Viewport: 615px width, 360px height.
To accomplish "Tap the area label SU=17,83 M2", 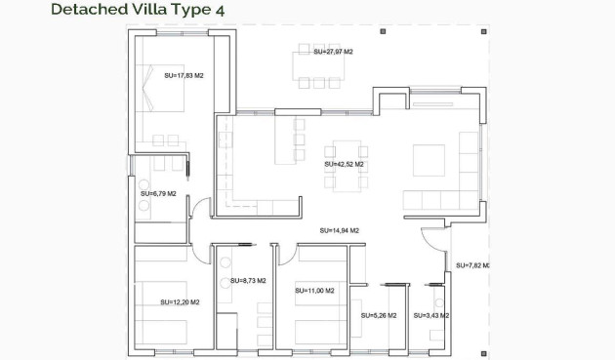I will point(184,75).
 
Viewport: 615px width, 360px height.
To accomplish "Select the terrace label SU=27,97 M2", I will point(333,51).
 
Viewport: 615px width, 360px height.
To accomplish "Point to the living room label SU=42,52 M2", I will point(344,165).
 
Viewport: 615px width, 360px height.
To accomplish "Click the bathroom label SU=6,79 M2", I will point(158,194).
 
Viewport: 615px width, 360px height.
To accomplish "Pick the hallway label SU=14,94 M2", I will point(339,231).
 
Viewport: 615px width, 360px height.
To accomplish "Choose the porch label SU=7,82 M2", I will point(471,265).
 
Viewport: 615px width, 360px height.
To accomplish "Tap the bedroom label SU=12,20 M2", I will point(180,302).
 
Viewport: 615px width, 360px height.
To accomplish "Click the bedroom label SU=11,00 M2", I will point(314,291).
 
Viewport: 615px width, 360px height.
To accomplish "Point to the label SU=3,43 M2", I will point(430,316).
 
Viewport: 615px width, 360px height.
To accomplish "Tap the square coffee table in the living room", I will point(429,160).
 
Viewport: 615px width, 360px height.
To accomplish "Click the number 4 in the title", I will point(222,11).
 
